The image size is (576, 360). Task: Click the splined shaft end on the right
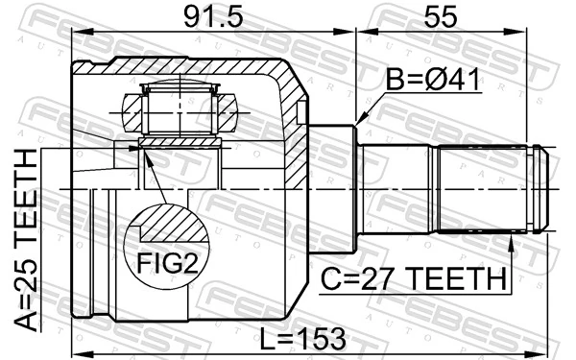[x=490, y=189]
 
